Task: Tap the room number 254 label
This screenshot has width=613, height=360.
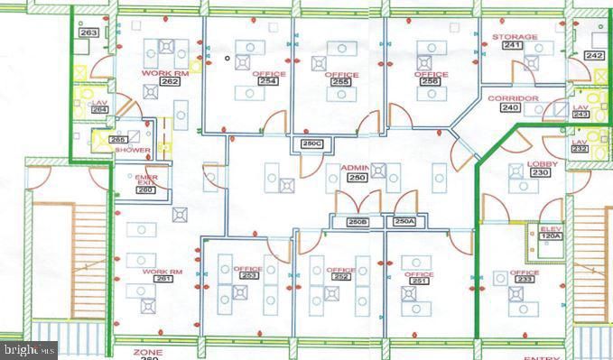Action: coord(268,81)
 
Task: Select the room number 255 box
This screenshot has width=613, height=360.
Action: coord(340,81)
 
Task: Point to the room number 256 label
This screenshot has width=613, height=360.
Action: coord(431,81)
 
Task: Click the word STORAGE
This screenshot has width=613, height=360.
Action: coord(515,37)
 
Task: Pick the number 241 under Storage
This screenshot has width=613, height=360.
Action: coord(514,45)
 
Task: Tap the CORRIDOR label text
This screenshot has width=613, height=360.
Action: coord(513,98)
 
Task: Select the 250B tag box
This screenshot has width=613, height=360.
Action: coord(358,221)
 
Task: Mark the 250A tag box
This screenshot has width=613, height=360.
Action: coord(404,221)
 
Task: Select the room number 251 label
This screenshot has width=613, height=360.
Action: coord(419,281)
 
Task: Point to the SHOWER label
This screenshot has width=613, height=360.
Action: coord(132,151)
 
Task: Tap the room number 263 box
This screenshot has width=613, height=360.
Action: coord(88,32)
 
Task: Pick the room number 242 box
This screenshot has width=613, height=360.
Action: coord(593,55)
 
